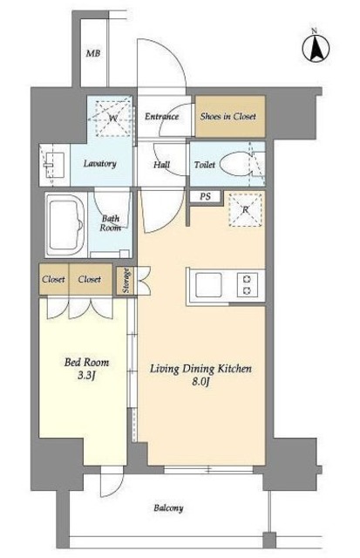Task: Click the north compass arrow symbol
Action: click(x=316, y=49)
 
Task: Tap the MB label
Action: click(x=93, y=54)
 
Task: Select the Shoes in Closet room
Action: click(x=230, y=116)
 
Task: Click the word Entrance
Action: click(x=161, y=116)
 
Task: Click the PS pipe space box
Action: click(x=205, y=196)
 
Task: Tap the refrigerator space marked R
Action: click(x=246, y=209)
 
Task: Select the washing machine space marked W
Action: click(x=113, y=119)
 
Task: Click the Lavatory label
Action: click(x=100, y=164)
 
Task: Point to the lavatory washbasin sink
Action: click(x=54, y=165)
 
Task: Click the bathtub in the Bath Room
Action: click(x=66, y=225)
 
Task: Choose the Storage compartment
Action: click(x=126, y=281)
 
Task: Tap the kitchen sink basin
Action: click(x=208, y=285)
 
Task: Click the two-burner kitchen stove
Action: click(x=247, y=285)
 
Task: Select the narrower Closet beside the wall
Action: click(x=54, y=279)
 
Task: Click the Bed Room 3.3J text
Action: click(x=87, y=369)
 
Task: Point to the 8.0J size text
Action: click(x=201, y=382)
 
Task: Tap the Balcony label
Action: click(x=168, y=507)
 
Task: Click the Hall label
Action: click(x=162, y=165)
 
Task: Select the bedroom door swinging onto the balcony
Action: click(x=112, y=481)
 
